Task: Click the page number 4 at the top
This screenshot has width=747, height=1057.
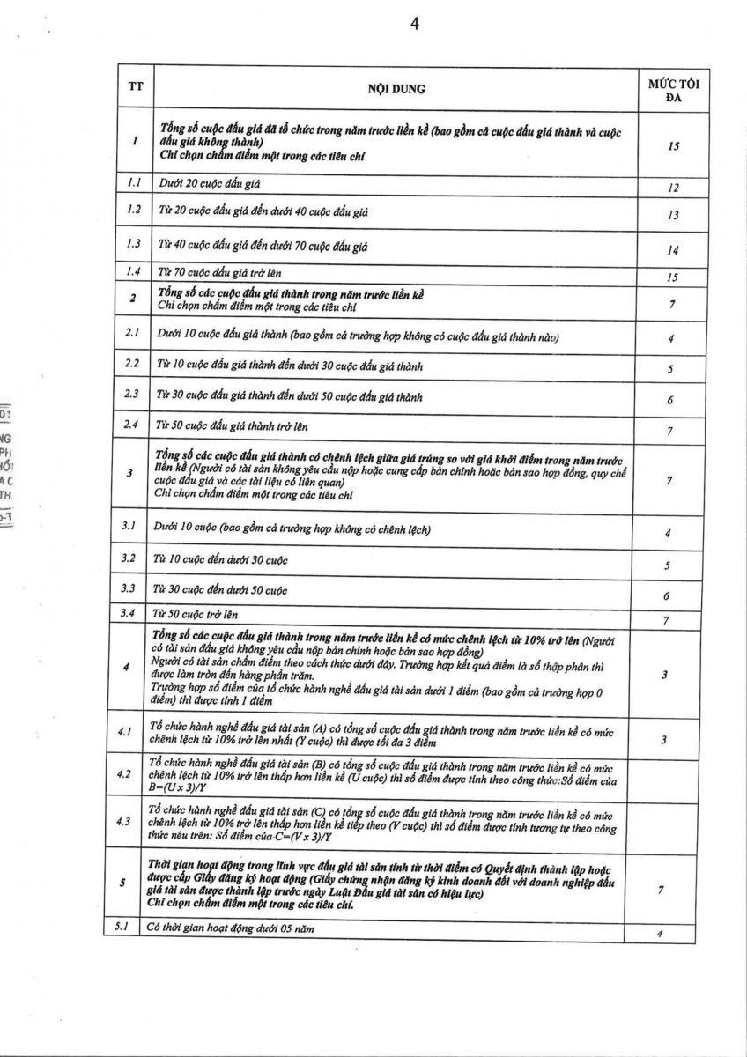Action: click(414, 24)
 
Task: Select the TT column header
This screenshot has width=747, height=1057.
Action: click(134, 87)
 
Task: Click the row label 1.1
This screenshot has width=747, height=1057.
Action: click(133, 184)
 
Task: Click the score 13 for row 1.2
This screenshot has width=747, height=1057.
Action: click(673, 215)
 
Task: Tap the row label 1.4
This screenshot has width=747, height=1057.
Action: click(133, 272)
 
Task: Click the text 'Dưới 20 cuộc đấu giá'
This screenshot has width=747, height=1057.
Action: click(210, 185)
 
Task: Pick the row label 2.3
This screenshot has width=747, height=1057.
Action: click(132, 395)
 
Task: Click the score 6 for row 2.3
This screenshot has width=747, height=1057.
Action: click(670, 400)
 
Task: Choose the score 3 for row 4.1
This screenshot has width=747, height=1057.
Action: click(665, 740)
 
